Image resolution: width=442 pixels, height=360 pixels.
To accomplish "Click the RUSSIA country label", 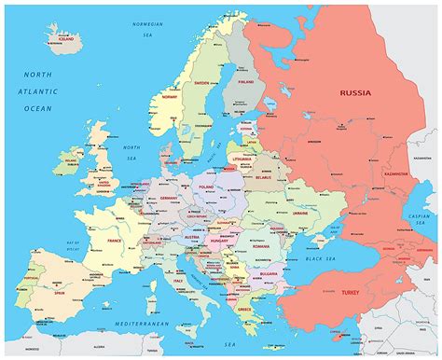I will [355, 93].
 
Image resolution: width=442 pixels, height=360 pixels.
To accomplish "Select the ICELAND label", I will [64, 40].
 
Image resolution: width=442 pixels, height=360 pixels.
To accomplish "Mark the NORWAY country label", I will [171, 96].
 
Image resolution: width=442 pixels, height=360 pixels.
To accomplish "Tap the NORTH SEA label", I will [131, 151].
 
